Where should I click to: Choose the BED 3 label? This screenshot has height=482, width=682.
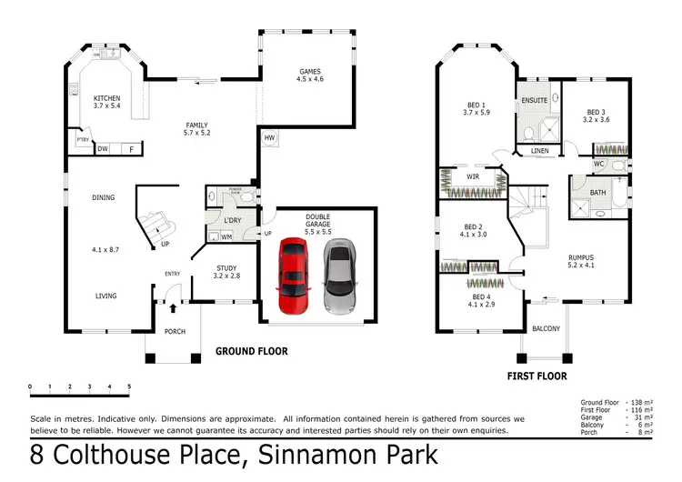[596, 115]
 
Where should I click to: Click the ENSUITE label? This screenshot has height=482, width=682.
[535, 100]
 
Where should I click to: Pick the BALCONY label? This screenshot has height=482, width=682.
[546, 328]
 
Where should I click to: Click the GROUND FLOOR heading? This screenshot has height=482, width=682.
[251, 351]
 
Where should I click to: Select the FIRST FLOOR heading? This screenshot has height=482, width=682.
[537, 376]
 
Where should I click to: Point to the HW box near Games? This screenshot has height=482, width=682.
[269, 138]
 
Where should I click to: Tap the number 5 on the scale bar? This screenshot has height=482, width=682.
[129, 387]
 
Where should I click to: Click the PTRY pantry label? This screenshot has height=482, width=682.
[82, 140]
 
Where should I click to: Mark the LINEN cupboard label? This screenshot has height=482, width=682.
[540, 150]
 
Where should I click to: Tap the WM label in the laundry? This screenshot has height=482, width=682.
[226, 237]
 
